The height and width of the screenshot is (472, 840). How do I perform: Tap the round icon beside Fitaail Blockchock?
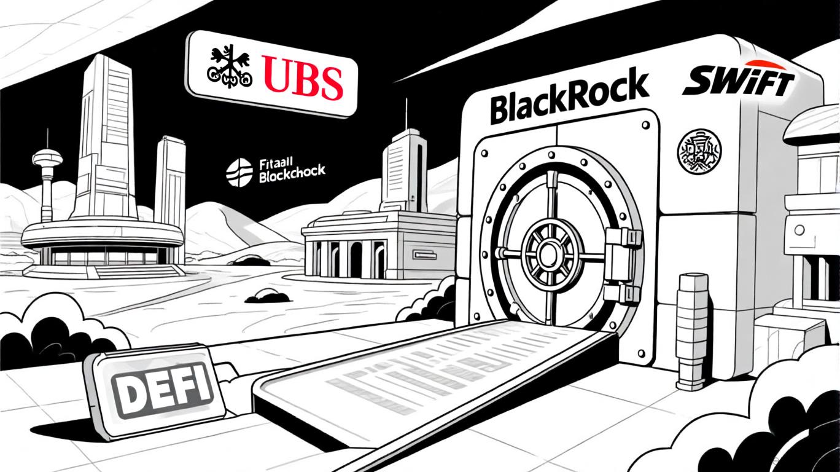coord(239,171)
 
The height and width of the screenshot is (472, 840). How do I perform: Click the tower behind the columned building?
coord(403,166)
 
